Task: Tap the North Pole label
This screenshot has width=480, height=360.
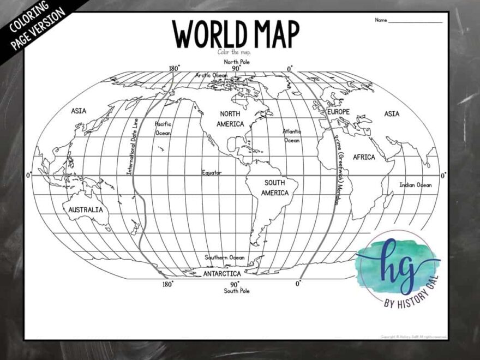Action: pyautogui.click(x=236, y=62)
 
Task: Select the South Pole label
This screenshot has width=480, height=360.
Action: pyautogui.click(x=237, y=291)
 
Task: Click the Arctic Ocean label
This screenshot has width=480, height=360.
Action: pyautogui.click(x=212, y=75)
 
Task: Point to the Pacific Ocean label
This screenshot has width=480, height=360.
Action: pyautogui.click(x=163, y=129)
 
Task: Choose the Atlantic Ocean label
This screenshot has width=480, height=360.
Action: pyautogui.click(x=291, y=136)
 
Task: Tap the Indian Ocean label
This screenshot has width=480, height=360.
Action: pyautogui.click(x=415, y=185)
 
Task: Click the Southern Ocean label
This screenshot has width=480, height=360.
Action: pyautogui.click(x=224, y=257)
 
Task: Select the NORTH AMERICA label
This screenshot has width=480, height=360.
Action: pyautogui.click(x=230, y=119)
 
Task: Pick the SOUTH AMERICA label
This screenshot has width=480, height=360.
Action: pyautogui.click(x=275, y=188)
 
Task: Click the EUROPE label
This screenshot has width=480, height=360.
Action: pyautogui.click(x=338, y=112)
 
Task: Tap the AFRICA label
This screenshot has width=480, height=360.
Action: pyautogui.click(x=364, y=157)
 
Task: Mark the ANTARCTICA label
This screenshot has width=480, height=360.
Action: pyautogui.click(x=222, y=274)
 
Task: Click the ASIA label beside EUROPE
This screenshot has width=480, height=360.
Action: pyautogui.click(x=391, y=114)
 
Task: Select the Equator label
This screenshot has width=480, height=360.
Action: pyautogui.click(x=212, y=172)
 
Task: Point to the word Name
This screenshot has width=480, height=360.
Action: pyautogui.click(x=381, y=20)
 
